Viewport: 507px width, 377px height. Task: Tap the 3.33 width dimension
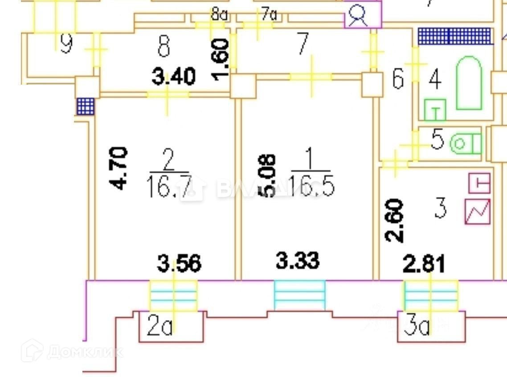[x=298, y=261]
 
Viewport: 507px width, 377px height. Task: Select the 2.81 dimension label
[x=424, y=264]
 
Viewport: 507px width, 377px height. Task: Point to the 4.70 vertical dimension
[x=119, y=168]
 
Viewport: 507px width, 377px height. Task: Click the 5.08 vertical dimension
[x=268, y=176]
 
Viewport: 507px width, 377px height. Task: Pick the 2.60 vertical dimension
[x=395, y=221]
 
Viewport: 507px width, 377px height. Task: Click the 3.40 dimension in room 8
[x=173, y=77]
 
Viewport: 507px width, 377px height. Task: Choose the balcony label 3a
[x=417, y=328]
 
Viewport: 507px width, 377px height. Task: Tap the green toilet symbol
[x=466, y=144]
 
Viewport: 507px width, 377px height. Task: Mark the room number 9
[x=66, y=44]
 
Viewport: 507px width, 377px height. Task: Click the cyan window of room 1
[x=299, y=295]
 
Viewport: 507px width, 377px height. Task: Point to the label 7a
[x=269, y=15]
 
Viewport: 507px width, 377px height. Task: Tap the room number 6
[x=398, y=79]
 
